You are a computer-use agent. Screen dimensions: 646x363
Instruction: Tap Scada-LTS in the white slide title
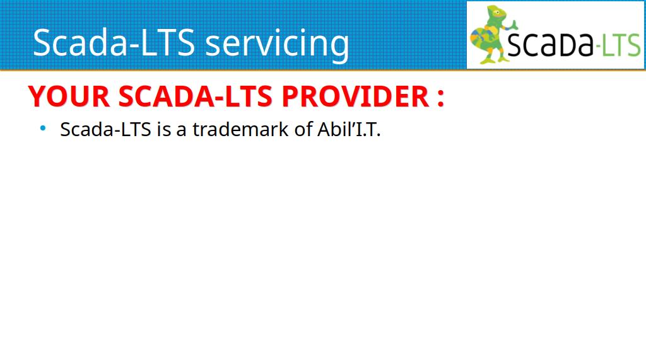(x=114, y=42)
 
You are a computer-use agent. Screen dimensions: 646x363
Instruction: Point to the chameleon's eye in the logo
(x=497, y=13)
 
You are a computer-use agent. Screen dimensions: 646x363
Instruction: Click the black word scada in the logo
(x=550, y=43)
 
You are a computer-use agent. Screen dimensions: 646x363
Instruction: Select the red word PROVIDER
(x=356, y=96)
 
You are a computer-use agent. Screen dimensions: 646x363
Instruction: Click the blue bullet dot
(x=43, y=129)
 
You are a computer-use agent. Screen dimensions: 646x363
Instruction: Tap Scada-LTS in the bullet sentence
(x=106, y=129)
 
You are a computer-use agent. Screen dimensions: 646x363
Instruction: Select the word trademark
(x=240, y=129)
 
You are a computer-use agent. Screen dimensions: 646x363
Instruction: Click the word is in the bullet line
(x=163, y=129)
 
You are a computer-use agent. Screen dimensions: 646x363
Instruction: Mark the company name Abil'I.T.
(x=349, y=129)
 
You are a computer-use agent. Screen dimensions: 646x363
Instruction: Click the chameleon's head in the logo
(x=496, y=14)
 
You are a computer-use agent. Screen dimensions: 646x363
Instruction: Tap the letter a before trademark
(x=181, y=131)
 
